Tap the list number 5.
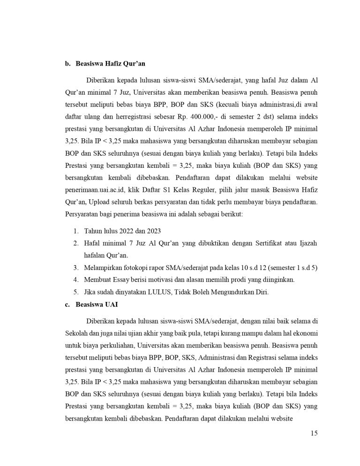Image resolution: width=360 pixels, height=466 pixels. click(76, 292)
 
